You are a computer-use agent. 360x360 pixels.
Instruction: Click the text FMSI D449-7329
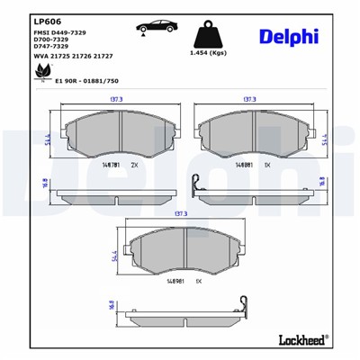60,33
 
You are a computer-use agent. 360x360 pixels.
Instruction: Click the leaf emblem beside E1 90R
40,74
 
